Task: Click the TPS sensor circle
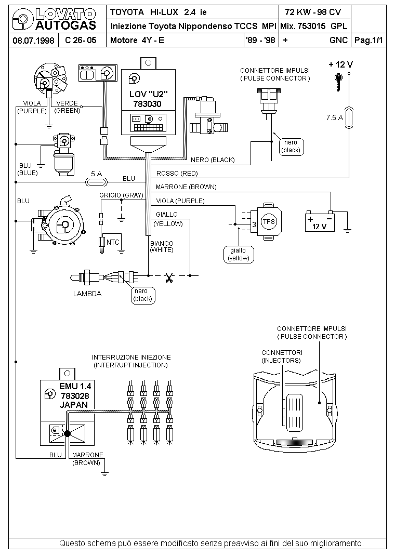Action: click(269, 221)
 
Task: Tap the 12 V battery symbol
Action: click(320, 221)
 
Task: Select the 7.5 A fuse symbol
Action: click(349, 117)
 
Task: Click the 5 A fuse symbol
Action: click(97, 182)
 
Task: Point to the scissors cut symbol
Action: click(169, 277)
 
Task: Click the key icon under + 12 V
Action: click(339, 82)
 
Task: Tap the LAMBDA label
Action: click(87, 294)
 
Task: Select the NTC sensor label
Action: click(113, 242)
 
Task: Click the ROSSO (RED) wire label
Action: click(177, 174)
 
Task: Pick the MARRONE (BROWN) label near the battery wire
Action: click(186, 187)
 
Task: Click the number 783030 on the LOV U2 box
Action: click(147, 104)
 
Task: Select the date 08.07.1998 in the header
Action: click(33, 40)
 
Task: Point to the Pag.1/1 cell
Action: click(369, 40)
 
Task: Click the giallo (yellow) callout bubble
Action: click(239, 255)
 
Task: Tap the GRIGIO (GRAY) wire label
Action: click(121, 195)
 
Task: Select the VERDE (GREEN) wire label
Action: click(67, 107)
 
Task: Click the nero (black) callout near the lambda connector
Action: click(143, 295)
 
